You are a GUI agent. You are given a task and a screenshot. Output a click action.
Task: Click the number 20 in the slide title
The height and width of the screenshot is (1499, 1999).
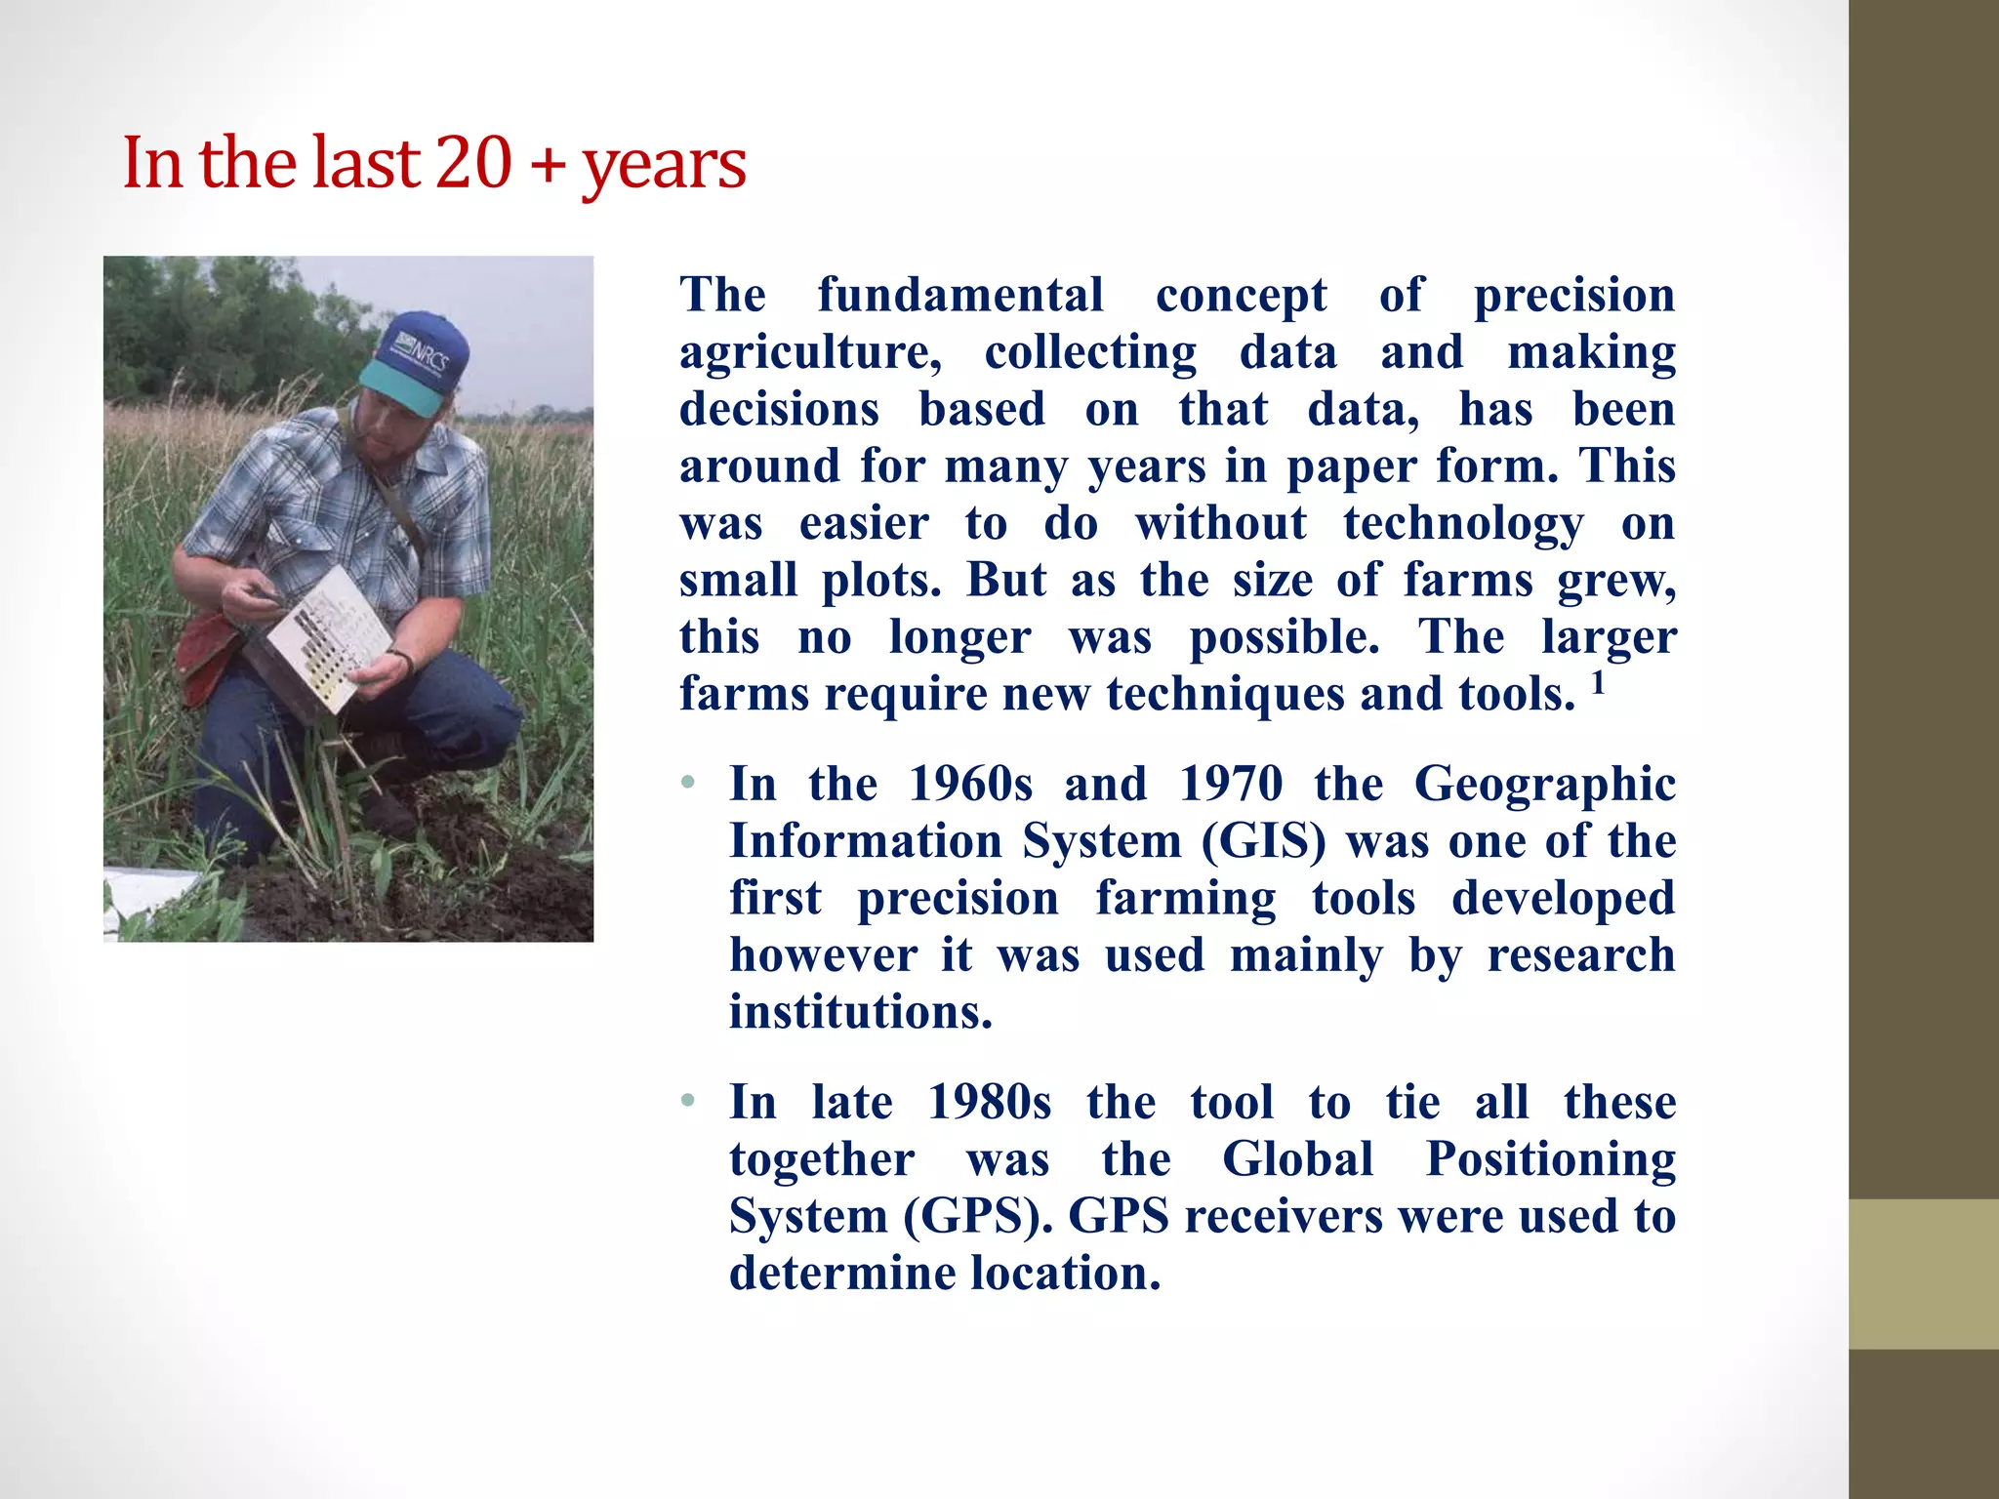[x=473, y=162]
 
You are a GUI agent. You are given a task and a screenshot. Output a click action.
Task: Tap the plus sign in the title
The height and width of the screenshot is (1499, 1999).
[x=549, y=164]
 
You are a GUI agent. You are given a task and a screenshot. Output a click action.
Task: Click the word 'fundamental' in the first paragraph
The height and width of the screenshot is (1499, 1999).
[x=960, y=295]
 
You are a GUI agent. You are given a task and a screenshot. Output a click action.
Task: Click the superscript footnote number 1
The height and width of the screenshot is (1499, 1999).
[x=1598, y=682]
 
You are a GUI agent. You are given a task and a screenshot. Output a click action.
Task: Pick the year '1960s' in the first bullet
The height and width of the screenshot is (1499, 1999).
[x=970, y=784]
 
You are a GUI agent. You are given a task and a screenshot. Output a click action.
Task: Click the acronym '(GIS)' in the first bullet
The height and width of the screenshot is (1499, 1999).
[x=1264, y=841]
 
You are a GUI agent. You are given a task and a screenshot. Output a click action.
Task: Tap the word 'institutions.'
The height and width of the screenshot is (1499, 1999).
[x=861, y=1012]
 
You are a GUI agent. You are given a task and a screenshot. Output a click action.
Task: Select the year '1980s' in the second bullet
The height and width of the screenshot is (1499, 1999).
[x=989, y=1103]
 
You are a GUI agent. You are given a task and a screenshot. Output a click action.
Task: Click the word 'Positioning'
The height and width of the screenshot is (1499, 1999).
[x=1551, y=1159]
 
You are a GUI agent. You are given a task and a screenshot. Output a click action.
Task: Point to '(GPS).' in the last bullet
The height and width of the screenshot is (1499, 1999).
[x=979, y=1217]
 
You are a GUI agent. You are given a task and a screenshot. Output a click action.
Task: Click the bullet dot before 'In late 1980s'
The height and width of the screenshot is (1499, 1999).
[x=688, y=1102]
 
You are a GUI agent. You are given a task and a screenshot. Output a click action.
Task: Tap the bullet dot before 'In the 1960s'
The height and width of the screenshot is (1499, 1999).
[x=688, y=783]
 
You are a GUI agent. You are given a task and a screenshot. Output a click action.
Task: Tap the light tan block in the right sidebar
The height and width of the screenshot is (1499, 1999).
[x=1923, y=1274]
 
